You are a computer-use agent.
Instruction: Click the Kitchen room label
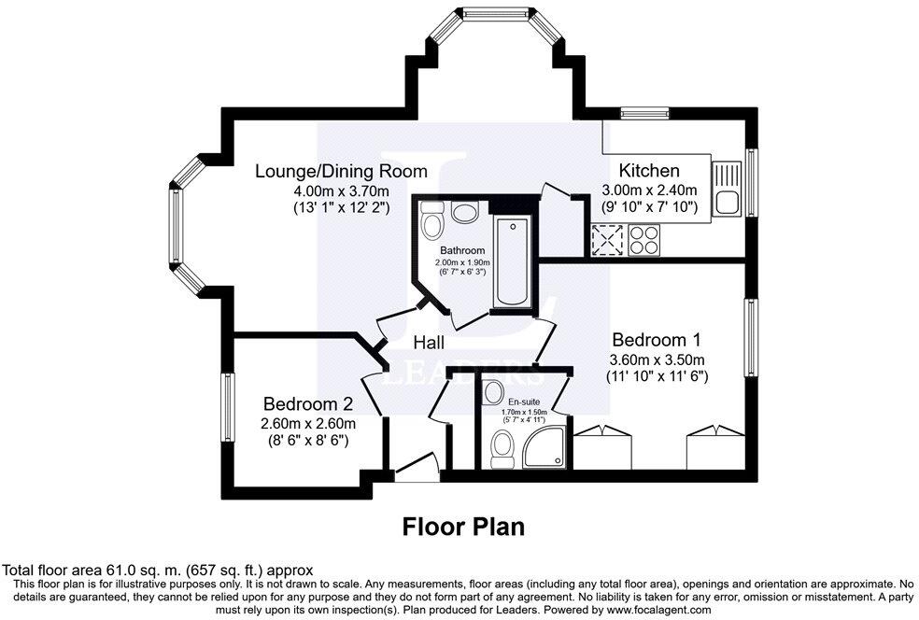pos(649,171)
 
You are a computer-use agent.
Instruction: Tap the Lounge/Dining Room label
pos(341,171)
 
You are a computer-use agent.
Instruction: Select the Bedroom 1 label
pos(657,340)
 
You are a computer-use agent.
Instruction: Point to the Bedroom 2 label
pos(308,403)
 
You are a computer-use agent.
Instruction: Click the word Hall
pos(429,343)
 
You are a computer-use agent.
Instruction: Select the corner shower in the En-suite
pos(544,446)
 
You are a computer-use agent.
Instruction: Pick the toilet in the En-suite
pos(502,449)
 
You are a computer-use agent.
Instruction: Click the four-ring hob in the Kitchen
pos(643,240)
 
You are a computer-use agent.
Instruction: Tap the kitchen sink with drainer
pos(727,189)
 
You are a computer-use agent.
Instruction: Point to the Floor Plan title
pos(463,527)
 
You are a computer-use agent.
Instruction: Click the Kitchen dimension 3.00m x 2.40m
pos(649,190)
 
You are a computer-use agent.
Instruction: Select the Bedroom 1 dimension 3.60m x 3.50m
pos(657,359)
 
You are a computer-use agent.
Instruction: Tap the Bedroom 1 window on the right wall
pos(750,337)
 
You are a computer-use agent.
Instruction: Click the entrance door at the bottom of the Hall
pos(417,467)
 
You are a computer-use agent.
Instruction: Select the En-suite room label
pos(524,402)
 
